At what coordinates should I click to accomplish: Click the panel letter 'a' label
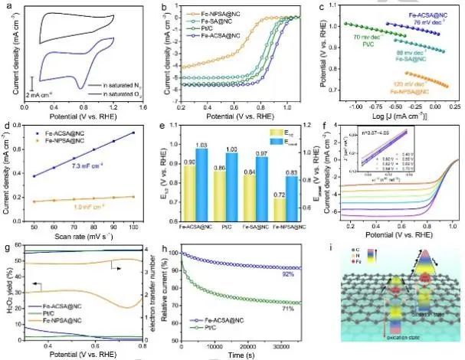point(7,7)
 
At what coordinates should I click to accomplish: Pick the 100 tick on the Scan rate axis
point(136,228)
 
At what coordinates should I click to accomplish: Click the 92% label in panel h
point(287,273)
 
